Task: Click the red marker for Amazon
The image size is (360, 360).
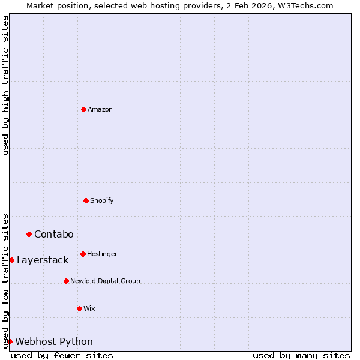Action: coord(83,109)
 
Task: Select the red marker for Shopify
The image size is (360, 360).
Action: coord(86,200)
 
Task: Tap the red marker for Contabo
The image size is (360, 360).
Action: coord(29,234)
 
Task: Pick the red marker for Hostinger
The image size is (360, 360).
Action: coord(83,254)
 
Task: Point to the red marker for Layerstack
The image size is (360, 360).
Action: coord(11,260)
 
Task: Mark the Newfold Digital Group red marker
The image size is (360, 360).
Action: coord(66,281)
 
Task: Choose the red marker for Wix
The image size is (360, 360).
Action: coord(79,308)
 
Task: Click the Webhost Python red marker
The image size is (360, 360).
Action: coord(10,341)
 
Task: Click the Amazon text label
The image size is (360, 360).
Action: coord(100,109)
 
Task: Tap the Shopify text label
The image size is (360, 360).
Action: coord(102,200)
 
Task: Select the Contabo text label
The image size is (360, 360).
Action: coord(54,234)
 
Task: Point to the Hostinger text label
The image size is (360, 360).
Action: coord(102,254)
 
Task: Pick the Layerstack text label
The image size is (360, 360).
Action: coord(43,260)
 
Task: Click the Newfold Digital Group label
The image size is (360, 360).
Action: coord(105,281)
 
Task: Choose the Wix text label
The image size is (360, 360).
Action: coord(89,308)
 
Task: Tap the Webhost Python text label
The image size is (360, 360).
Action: coord(54,341)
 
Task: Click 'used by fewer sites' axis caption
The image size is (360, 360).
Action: coord(62,355)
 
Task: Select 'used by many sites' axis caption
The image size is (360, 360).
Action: coord(301,355)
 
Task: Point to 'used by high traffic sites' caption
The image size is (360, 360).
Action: coord(5,85)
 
